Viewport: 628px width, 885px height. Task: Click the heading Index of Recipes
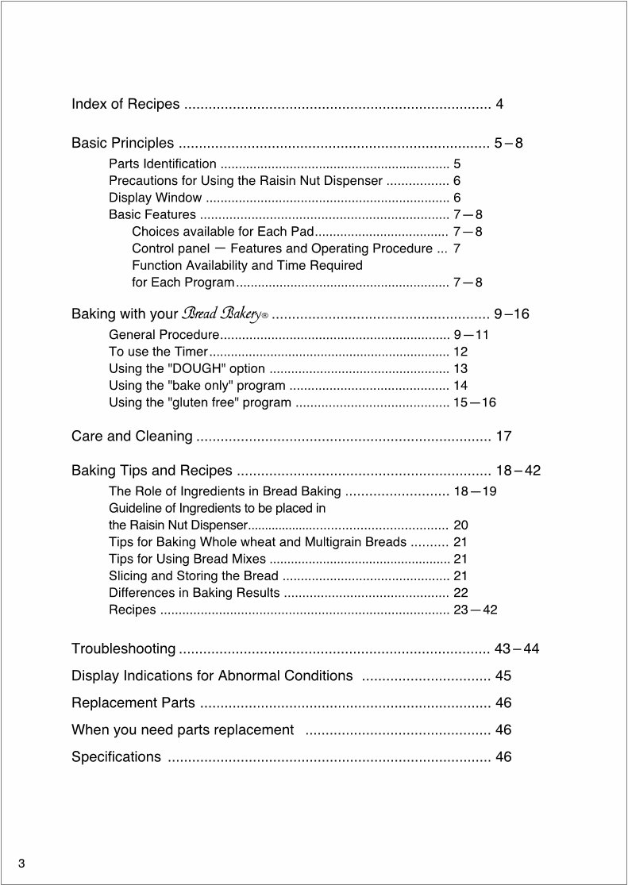(125, 104)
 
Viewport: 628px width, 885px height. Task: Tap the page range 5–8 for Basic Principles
(508, 144)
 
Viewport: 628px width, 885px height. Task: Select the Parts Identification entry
(162, 164)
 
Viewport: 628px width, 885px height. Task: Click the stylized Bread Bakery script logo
(225, 314)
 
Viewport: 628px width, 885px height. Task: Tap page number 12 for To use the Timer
(460, 352)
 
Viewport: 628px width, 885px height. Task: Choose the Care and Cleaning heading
(132, 436)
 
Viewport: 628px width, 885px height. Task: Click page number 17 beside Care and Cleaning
(503, 436)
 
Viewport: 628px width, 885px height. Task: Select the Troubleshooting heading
(123, 649)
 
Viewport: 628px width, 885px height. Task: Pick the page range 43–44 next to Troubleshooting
(517, 649)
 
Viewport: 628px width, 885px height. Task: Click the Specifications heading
(116, 757)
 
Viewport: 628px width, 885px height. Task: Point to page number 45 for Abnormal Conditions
(503, 676)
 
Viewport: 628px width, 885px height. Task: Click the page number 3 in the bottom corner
(22, 864)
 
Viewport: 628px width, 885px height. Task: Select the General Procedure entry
(164, 335)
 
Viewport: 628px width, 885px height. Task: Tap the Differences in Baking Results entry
(194, 593)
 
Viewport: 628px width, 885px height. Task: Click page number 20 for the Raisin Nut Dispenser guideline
(460, 525)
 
